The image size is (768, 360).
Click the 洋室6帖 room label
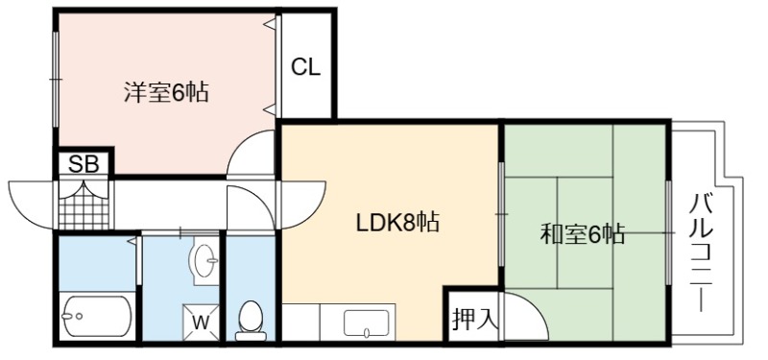click(165, 91)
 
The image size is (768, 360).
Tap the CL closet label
click(305, 67)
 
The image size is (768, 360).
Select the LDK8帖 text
click(396, 223)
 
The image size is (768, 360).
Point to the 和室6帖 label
click(583, 233)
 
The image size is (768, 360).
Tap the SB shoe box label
click(84, 163)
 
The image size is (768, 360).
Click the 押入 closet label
click(474, 320)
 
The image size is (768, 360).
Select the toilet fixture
click(251, 321)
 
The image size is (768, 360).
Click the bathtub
click(97, 316)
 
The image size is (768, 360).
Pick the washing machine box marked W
click(201, 322)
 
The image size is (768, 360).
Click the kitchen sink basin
click(367, 324)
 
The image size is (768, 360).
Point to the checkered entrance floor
click(84, 204)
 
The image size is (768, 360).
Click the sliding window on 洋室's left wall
click(56, 80)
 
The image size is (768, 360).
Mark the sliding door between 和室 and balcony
click(668, 232)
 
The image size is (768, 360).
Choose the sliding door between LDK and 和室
click(501, 214)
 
